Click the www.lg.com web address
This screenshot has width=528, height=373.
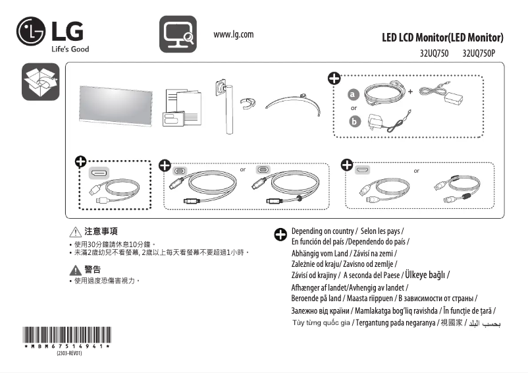click(x=234, y=34)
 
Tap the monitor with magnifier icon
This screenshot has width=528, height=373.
click(x=178, y=35)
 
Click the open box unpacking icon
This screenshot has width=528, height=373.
click(x=41, y=82)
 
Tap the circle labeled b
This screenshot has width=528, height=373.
click(x=355, y=121)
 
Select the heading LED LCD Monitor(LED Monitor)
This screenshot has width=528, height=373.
click(x=442, y=37)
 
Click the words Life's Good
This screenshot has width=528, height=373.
click(x=70, y=49)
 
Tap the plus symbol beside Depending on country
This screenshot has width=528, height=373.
click(x=280, y=234)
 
